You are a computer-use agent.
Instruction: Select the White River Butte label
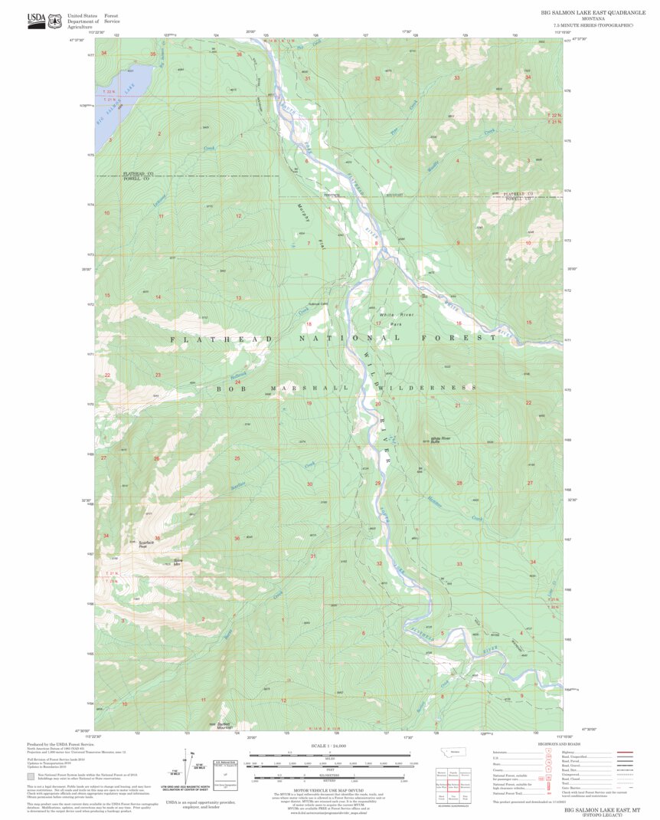[x=441, y=441]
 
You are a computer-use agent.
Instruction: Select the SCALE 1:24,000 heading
[x=329, y=746]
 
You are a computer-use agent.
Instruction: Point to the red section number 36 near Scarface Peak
[x=157, y=538]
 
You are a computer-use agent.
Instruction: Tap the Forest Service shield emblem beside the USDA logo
[x=55, y=21]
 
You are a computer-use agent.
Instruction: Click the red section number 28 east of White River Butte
[x=459, y=483]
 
